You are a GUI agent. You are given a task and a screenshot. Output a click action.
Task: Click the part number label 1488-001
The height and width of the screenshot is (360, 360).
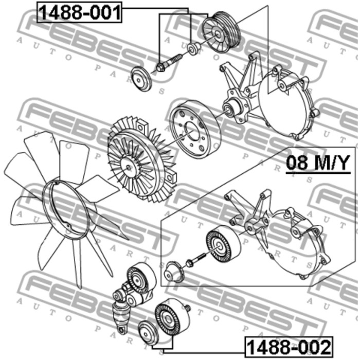(x=79, y=12)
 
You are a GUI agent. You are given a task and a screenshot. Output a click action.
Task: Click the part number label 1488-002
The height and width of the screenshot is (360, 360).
(x=289, y=347)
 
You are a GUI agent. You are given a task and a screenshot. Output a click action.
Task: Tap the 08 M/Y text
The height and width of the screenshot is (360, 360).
(x=318, y=163)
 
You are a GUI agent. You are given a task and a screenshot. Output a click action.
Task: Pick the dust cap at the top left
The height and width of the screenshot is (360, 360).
(x=141, y=79)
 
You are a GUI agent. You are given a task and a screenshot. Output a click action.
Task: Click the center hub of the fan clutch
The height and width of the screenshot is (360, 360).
(x=129, y=167)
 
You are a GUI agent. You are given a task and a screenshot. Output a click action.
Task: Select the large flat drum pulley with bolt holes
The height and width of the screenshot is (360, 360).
(x=195, y=129)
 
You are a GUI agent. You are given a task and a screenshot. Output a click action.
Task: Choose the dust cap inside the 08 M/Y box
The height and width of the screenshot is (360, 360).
(x=174, y=272)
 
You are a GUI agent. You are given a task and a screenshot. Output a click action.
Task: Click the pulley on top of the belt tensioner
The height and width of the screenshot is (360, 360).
(x=141, y=279)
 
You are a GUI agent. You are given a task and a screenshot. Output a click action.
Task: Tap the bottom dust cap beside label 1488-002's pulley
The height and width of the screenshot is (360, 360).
(x=148, y=332)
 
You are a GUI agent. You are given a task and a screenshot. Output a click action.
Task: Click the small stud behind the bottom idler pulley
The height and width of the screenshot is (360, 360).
(x=188, y=309)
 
